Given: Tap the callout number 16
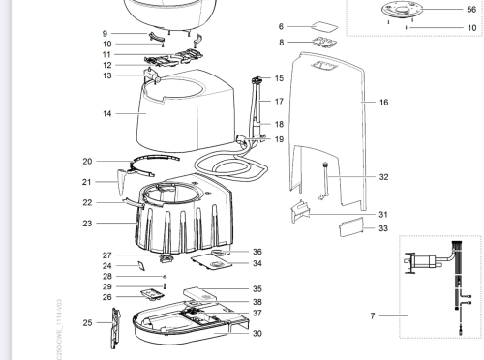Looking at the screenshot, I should [x=384, y=101].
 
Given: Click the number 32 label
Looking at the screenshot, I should [x=383, y=178].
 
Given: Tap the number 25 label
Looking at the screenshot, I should [x=88, y=322].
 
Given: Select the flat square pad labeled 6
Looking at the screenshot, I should [x=323, y=26].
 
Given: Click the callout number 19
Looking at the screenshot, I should [x=279, y=140].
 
